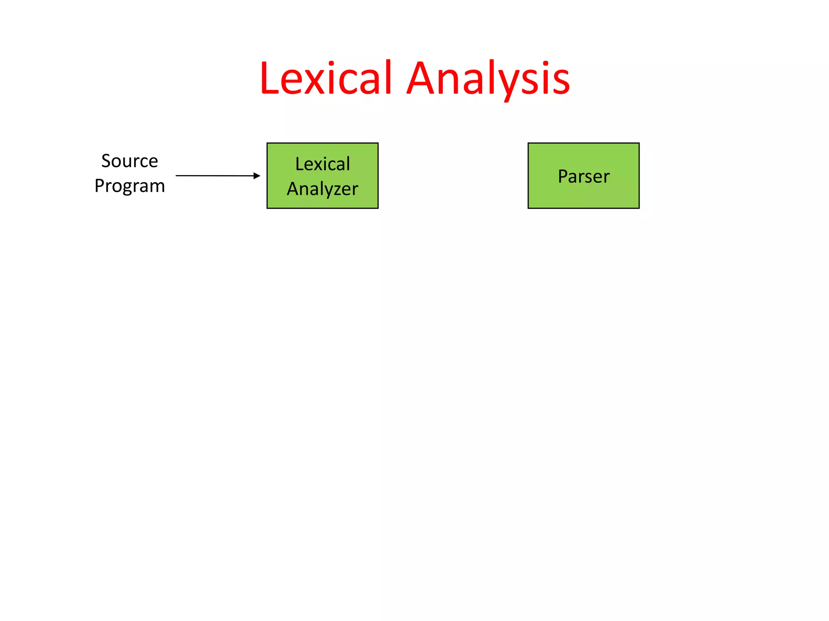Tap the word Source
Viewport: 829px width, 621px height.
click(x=130, y=161)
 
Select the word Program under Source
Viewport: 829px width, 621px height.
click(x=130, y=186)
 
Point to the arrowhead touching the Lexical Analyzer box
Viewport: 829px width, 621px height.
click(x=257, y=175)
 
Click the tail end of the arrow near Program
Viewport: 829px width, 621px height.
click(x=177, y=175)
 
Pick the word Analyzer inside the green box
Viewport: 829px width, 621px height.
click(x=323, y=189)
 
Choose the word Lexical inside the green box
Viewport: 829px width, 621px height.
click(x=323, y=164)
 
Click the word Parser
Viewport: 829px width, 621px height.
click(x=583, y=176)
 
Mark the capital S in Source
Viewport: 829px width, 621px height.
click(x=106, y=161)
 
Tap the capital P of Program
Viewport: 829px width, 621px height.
click(x=99, y=186)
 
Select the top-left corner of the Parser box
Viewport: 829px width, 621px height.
click(x=529, y=144)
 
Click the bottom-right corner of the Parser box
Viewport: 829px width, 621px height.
click(x=639, y=208)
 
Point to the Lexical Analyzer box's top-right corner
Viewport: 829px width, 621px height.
click(x=378, y=144)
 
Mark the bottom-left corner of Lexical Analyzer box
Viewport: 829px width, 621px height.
click(x=268, y=208)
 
